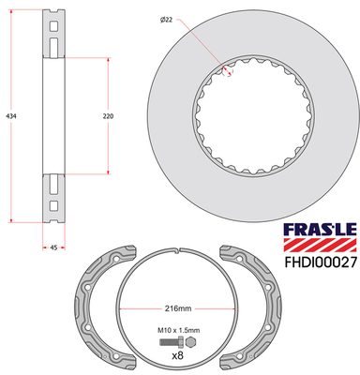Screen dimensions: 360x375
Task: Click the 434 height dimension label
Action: [x=11, y=116]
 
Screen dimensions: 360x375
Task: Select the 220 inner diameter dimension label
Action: [x=108, y=116]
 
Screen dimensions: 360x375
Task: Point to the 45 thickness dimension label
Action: [x=53, y=247]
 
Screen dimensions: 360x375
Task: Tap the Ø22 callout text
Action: [x=167, y=20]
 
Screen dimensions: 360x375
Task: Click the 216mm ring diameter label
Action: [x=178, y=308]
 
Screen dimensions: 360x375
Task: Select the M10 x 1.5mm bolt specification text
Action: [x=178, y=330]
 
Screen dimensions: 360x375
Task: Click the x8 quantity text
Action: [x=177, y=355]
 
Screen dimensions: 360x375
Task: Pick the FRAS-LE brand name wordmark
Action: [x=320, y=230]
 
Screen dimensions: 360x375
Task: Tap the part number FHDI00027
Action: [x=321, y=262]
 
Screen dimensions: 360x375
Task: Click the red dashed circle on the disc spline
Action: [x=228, y=71]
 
